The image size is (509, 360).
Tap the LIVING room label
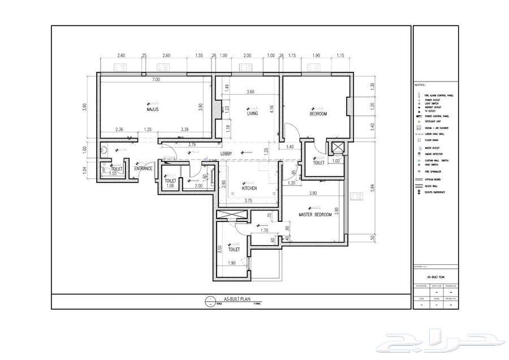click(252, 113)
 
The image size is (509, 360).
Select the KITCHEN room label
click(249, 188)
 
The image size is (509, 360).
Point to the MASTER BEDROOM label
click(315, 215)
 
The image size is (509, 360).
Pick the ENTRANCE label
click(143, 168)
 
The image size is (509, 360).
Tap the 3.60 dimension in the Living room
click(251, 92)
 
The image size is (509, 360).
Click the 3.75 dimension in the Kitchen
click(248, 200)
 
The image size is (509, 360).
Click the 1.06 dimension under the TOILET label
click(170, 186)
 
